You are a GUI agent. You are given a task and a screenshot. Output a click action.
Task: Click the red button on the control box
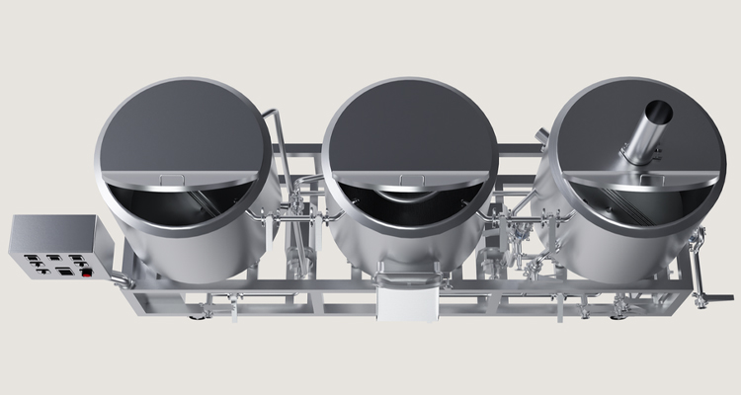click(87, 272)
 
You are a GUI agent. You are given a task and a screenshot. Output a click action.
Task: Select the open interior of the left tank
click(183, 207)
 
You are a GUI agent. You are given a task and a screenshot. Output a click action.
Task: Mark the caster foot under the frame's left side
click(207, 315)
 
